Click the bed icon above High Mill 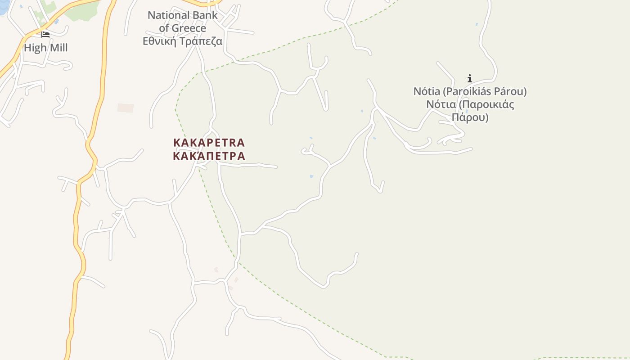(x=45, y=35)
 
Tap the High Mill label (x=45, y=48)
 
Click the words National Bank (x=183, y=15)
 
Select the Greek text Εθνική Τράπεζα (x=183, y=41)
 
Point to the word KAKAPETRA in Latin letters (x=209, y=143)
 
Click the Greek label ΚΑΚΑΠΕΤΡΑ (x=209, y=156)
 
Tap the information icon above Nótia (x=470, y=78)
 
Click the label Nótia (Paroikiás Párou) (x=470, y=91)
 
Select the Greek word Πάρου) (x=470, y=118)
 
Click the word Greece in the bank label (x=189, y=28)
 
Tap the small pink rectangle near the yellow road (x=126, y=108)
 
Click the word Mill (x=57, y=48)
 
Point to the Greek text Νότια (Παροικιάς (x=470, y=105)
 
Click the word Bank (x=207, y=15)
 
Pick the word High (x=34, y=48)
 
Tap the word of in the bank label (x=164, y=28)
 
